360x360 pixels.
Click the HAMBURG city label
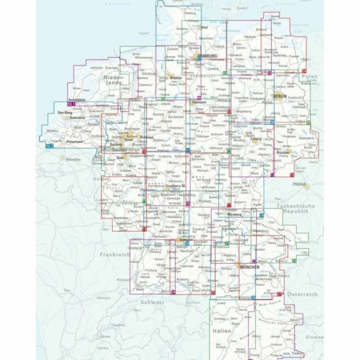click(x=208, y=56)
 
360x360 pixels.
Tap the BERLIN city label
click(x=280, y=96)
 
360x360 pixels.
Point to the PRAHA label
click(x=300, y=184)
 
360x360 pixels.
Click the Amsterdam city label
click(x=77, y=100)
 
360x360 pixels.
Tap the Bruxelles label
click(x=72, y=159)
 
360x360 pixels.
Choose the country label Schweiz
click(x=152, y=302)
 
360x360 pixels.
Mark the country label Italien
click(x=221, y=331)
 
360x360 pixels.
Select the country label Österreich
click(x=302, y=294)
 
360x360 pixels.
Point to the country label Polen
click(x=309, y=76)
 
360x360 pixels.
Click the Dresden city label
click(x=283, y=153)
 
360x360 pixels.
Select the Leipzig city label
click(x=258, y=139)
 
